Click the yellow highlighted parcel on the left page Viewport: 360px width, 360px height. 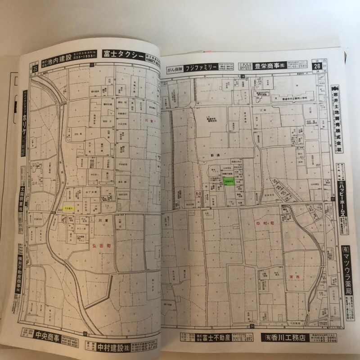click(x=68, y=208)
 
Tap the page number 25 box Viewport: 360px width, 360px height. click(x=35, y=68)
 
